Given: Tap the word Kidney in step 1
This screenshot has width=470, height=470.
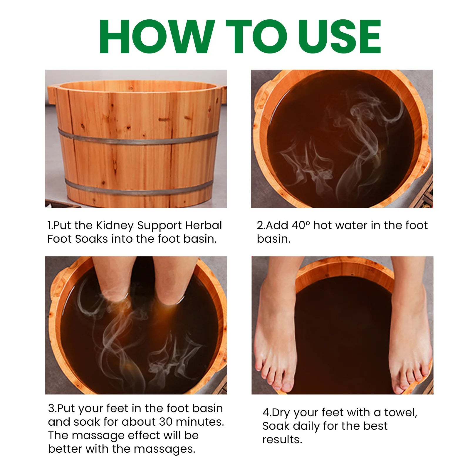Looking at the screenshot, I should [115, 226].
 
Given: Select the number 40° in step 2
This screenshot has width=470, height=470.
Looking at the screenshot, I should [301, 226].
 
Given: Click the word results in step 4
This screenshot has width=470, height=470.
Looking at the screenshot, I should [282, 440].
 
